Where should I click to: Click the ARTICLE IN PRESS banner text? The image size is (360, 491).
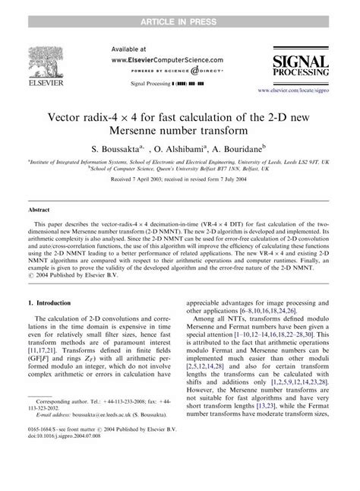pyautogui.click(x=179, y=8)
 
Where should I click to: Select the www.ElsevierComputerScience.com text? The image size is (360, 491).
pyautogui.click(x=156, y=58)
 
